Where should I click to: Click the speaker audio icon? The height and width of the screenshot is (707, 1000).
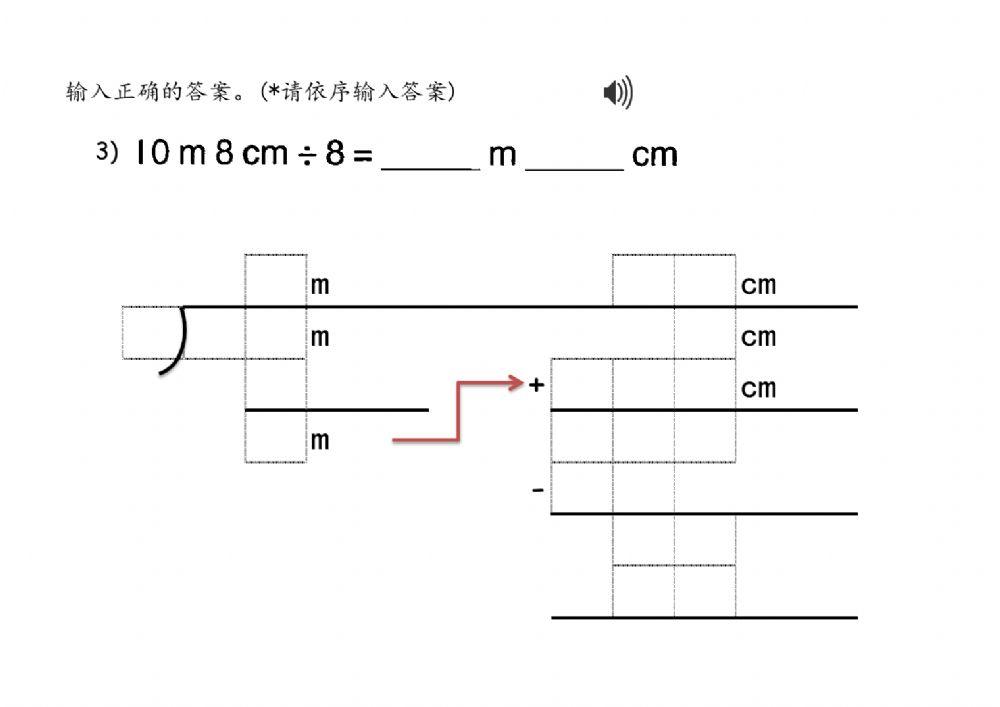tap(617, 94)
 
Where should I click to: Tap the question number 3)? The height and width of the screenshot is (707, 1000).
tap(107, 153)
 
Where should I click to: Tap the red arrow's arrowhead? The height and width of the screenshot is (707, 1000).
tap(517, 383)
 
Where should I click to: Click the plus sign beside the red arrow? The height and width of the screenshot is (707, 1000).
tap(537, 385)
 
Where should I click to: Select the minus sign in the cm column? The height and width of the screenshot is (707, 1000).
tap(538, 490)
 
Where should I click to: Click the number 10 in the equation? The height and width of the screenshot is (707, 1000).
tap(152, 154)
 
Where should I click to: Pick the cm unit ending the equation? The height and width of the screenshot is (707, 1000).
tap(655, 155)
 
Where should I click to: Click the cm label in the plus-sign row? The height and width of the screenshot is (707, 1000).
tap(758, 387)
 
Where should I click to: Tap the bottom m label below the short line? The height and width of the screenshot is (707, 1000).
tap(319, 440)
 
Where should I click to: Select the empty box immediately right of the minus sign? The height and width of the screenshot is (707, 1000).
tap(582, 488)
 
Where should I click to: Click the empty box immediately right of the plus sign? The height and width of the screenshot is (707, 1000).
tap(582, 384)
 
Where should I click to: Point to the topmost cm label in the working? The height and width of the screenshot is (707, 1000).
tap(758, 286)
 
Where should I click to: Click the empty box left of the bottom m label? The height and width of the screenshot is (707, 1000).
tap(275, 437)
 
